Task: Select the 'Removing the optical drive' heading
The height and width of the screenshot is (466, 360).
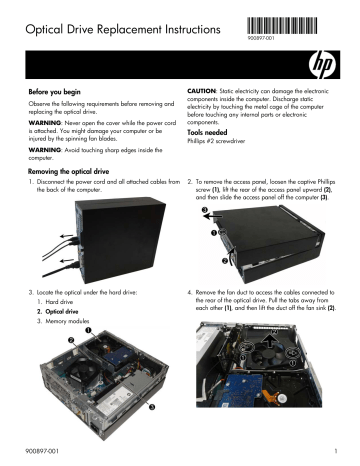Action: (x=75, y=172)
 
